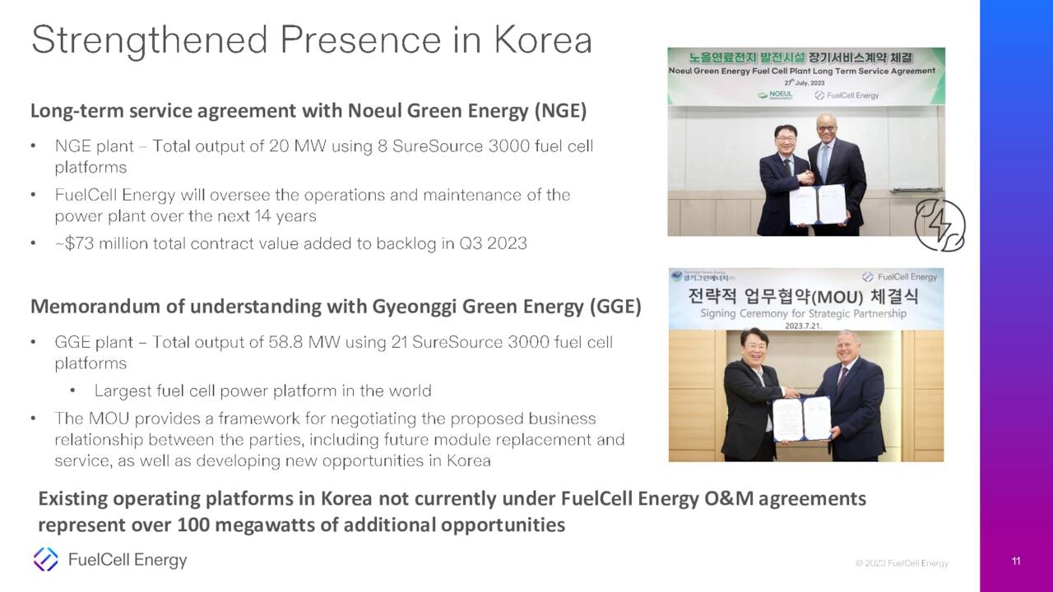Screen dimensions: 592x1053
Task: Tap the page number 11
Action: click(1016, 562)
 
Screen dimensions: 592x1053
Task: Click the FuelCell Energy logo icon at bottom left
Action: click(45, 560)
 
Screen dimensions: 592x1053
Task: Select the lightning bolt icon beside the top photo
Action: click(939, 224)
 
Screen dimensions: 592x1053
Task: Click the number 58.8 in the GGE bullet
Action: click(286, 342)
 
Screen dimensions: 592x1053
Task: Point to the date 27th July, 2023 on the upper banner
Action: click(804, 83)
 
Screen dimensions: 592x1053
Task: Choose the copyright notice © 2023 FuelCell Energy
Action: click(902, 563)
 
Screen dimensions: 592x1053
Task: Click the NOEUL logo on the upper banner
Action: click(776, 95)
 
